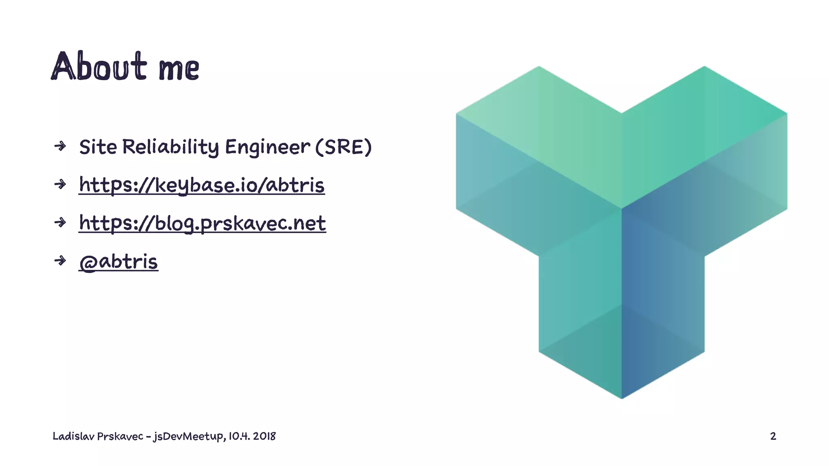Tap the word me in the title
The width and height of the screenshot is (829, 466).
pos(179,69)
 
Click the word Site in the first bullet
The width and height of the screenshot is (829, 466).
pos(98,147)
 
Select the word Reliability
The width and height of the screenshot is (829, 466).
pos(170,147)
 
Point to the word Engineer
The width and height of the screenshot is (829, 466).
pos(268,147)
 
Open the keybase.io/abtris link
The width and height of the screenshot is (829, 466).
pos(202,185)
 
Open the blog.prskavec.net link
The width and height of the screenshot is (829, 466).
pos(202,223)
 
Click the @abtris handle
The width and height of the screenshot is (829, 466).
pos(118,262)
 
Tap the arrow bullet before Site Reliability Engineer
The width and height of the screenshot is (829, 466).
pos(60,146)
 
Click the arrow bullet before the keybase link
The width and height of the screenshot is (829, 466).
pos(60,184)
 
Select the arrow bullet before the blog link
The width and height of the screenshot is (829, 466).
pos(60,222)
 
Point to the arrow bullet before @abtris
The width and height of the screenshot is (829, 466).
pos(60,261)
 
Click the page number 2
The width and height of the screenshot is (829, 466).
pos(773,436)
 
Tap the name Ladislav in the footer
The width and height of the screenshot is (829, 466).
pos(73,436)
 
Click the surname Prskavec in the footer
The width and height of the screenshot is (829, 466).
pos(120,436)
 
